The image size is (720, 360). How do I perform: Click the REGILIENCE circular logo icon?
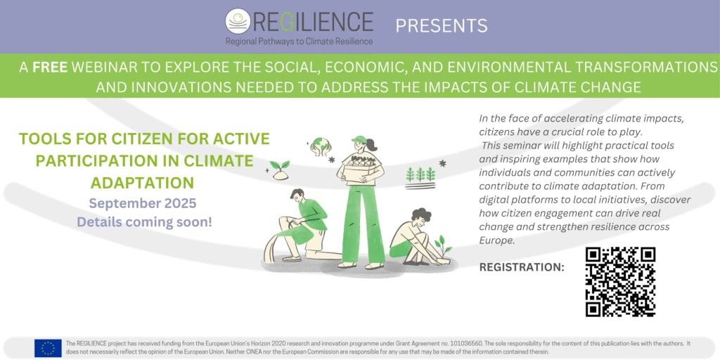click(238, 21)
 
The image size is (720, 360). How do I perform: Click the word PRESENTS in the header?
click(442, 26)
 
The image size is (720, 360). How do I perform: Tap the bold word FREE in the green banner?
click(51, 67)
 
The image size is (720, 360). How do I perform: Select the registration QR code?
click(620, 282)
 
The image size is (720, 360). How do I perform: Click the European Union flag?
click(48, 348)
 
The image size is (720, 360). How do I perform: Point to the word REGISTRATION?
click(522, 267)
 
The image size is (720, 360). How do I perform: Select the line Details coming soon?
click(144, 221)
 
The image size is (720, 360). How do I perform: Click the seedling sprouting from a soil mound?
click(280, 169)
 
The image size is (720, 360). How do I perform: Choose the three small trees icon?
click(420, 174)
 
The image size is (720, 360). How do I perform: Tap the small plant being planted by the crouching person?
click(443, 247)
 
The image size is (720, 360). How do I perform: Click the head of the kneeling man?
click(297, 197)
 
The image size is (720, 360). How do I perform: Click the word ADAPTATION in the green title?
click(142, 182)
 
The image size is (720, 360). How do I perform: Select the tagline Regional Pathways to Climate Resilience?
click(299, 41)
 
